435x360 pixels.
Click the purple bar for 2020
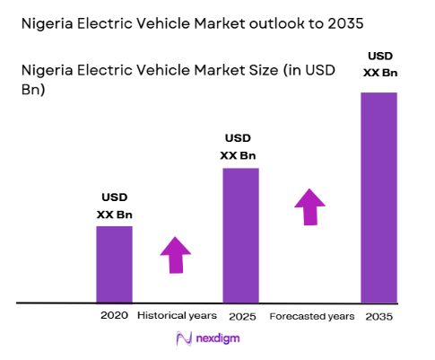(x=114, y=264)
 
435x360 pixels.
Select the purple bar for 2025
(x=240, y=235)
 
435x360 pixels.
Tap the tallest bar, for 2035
(x=378, y=198)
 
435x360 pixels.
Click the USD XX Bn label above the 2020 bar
(x=114, y=206)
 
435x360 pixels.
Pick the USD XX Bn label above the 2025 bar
(x=239, y=147)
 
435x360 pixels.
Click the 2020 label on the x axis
(x=114, y=316)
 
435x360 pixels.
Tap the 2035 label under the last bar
(x=379, y=316)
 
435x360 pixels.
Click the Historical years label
(x=177, y=316)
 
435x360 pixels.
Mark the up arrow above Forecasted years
(x=310, y=206)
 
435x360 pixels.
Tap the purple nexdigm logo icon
(x=184, y=338)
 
